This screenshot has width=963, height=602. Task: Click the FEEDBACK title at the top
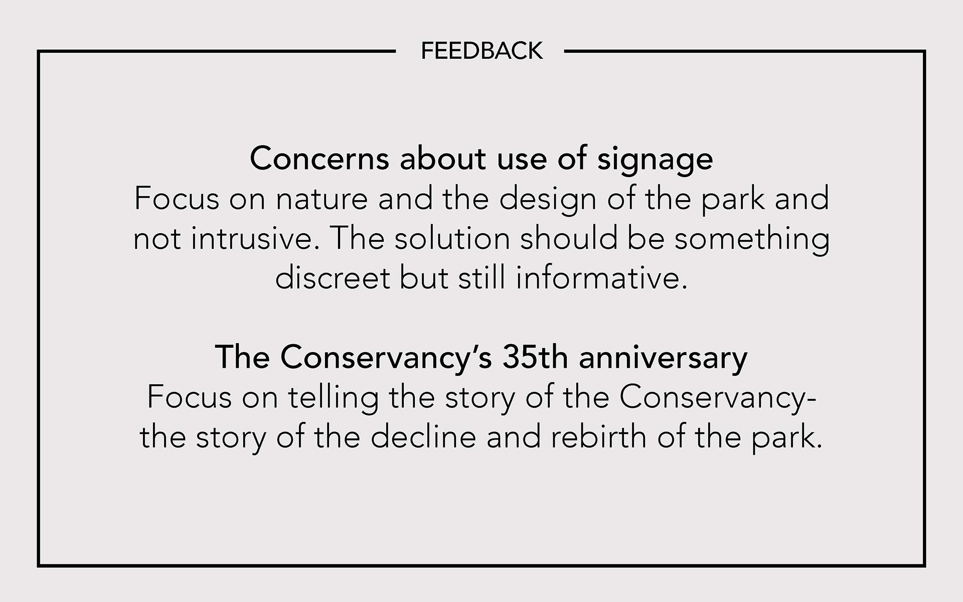(x=481, y=51)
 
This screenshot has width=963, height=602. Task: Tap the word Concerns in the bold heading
(x=319, y=159)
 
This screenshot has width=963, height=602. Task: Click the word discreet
(x=333, y=278)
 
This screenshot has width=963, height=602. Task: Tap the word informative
(x=601, y=278)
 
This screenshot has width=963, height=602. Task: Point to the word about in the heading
(x=443, y=159)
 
